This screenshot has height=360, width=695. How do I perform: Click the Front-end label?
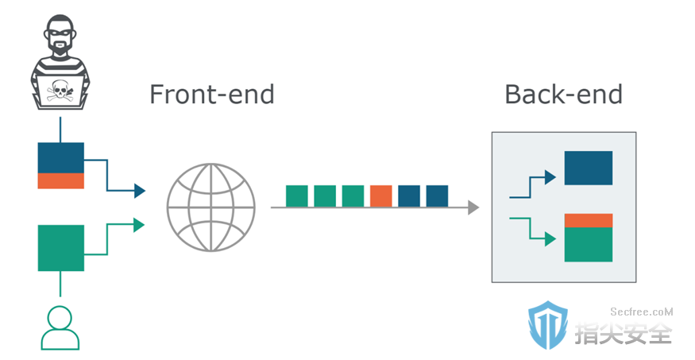(x=212, y=94)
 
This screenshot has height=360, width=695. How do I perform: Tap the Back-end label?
(x=564, y=94)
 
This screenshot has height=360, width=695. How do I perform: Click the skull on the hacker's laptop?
(x=60, y=91)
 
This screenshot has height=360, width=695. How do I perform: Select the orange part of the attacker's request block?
(x=60, y=181)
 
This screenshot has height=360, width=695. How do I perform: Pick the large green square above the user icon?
(x=60, y=248)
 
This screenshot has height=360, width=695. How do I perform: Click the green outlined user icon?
(x=60, y=328)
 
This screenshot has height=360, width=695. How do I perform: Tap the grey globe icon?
(x=211, y=207)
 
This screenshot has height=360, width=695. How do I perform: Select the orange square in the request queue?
(x=380, y=196)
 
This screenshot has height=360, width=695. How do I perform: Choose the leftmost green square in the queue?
(x=297, y=196)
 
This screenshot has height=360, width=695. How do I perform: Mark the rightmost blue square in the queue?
(x=437, y=196)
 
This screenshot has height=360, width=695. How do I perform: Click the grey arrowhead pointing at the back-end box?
(x=473, y=207)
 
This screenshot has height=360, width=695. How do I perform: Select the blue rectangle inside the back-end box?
(x=589, y=168)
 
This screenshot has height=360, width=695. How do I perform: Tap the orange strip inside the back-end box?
(x=589, y=220)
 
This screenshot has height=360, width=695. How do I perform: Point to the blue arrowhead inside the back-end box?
(x=550, y=177)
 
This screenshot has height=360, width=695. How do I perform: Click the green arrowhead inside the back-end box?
(x=550, y=239)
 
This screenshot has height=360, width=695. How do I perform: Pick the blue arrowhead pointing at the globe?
(x=140, y=191)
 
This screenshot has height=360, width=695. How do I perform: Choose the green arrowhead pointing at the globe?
(x=140, y=225)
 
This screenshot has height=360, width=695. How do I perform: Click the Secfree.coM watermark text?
(x=641, y=312)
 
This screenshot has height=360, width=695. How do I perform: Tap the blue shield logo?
(x=548, y=325)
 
